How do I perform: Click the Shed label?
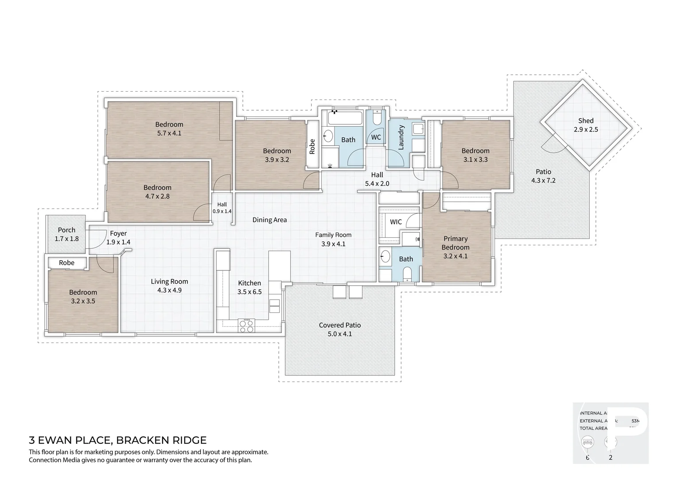click(x=585, y=121)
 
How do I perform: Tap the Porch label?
click(x=66, y=230)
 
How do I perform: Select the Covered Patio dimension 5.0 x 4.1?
click(x=340, y=334)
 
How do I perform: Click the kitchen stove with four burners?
click(x=246, y=326)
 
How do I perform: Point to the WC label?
click(x=376, y=137)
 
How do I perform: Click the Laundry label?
click(x=401, y=137)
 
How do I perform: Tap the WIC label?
click(x=396, y=222)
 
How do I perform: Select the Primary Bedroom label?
click(x=455, y=243)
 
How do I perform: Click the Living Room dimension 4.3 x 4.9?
click(x=169, y=290)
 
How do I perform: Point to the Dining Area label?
click(x=269, y=220)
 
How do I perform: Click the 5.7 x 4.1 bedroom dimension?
click(x=169, y=133)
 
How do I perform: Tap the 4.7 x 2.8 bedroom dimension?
click(x=157, y=197)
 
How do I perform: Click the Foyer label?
click(x=118, y=234)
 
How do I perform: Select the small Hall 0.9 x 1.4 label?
click(x=222, y=208)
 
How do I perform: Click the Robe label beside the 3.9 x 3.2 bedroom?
click(x=312, y=146)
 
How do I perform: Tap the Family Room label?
click(x=333, y=235)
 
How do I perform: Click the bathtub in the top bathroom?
click(x=345, y=119)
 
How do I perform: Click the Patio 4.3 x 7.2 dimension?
click(x=543, y=181)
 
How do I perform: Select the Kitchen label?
click(x=249, y=283)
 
